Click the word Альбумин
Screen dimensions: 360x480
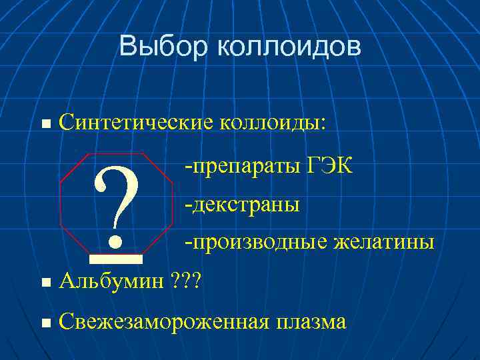click(110, 281)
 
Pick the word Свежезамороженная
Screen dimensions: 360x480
click(164, 322)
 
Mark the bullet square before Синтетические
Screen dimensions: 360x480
click(45, 123)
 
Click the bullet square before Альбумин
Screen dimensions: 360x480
click(45, 283)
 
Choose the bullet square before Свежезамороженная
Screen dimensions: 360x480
click(45, 323)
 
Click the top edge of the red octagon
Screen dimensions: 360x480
click(116, 153)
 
